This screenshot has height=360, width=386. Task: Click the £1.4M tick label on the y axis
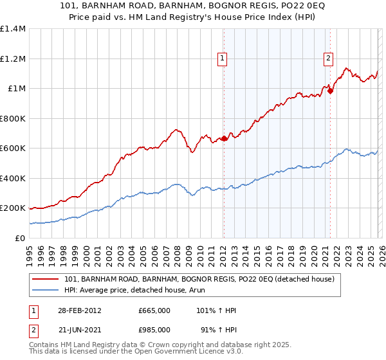coord(13,29)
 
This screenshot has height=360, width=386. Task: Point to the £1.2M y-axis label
coord(13,59)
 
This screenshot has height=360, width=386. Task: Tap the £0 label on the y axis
coord(19,238)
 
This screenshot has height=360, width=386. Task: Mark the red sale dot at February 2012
coord(224,138)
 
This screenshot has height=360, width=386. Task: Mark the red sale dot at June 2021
coord(330,91)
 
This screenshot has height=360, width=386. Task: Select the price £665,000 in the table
coord(154,310)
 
